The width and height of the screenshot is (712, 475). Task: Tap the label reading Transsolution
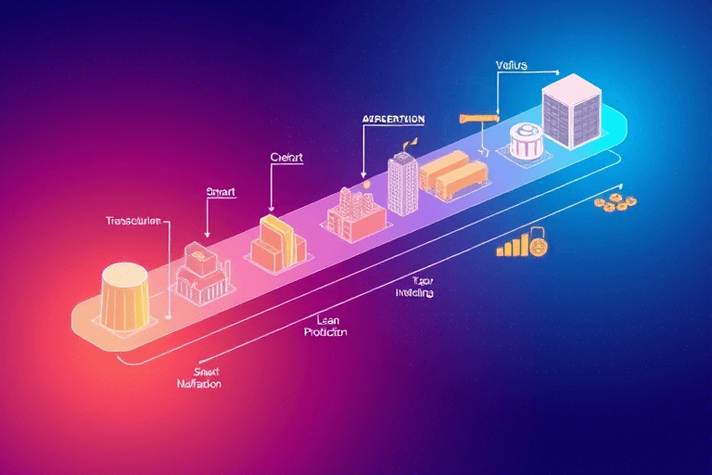(133, 223)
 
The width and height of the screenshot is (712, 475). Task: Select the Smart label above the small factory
(221, 192)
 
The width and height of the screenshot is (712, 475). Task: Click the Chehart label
(286, 157)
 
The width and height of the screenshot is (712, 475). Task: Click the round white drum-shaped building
(525, 142)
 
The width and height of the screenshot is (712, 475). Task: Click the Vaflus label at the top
(511, 66)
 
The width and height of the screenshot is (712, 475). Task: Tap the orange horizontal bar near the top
(479, 118)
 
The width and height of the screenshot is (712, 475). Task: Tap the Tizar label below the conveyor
(423, 280)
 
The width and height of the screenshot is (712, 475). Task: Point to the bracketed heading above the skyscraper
(393, 120)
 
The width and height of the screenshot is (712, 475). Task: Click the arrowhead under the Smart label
(207, 236)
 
